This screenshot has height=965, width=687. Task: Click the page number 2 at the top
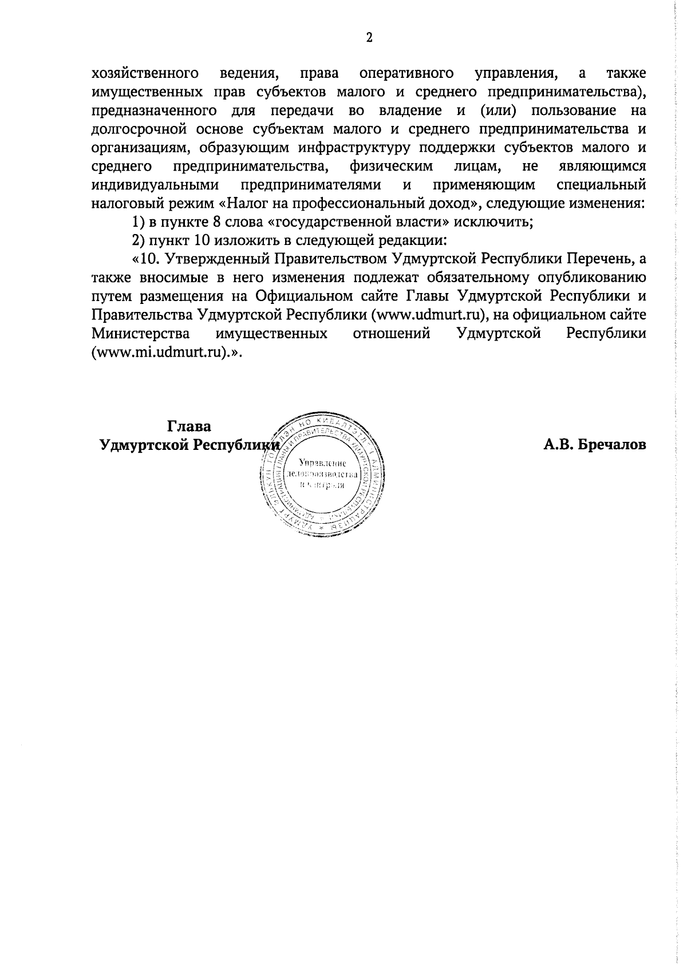[x=369, y=38]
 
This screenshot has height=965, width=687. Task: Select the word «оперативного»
[x=406, y=74]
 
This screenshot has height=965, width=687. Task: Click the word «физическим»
[x=391, y=167]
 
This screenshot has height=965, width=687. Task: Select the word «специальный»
[x=601, y=185]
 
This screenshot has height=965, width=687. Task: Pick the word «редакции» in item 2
[x=410, y=241]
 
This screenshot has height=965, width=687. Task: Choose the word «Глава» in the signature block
[x=189, y=427]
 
